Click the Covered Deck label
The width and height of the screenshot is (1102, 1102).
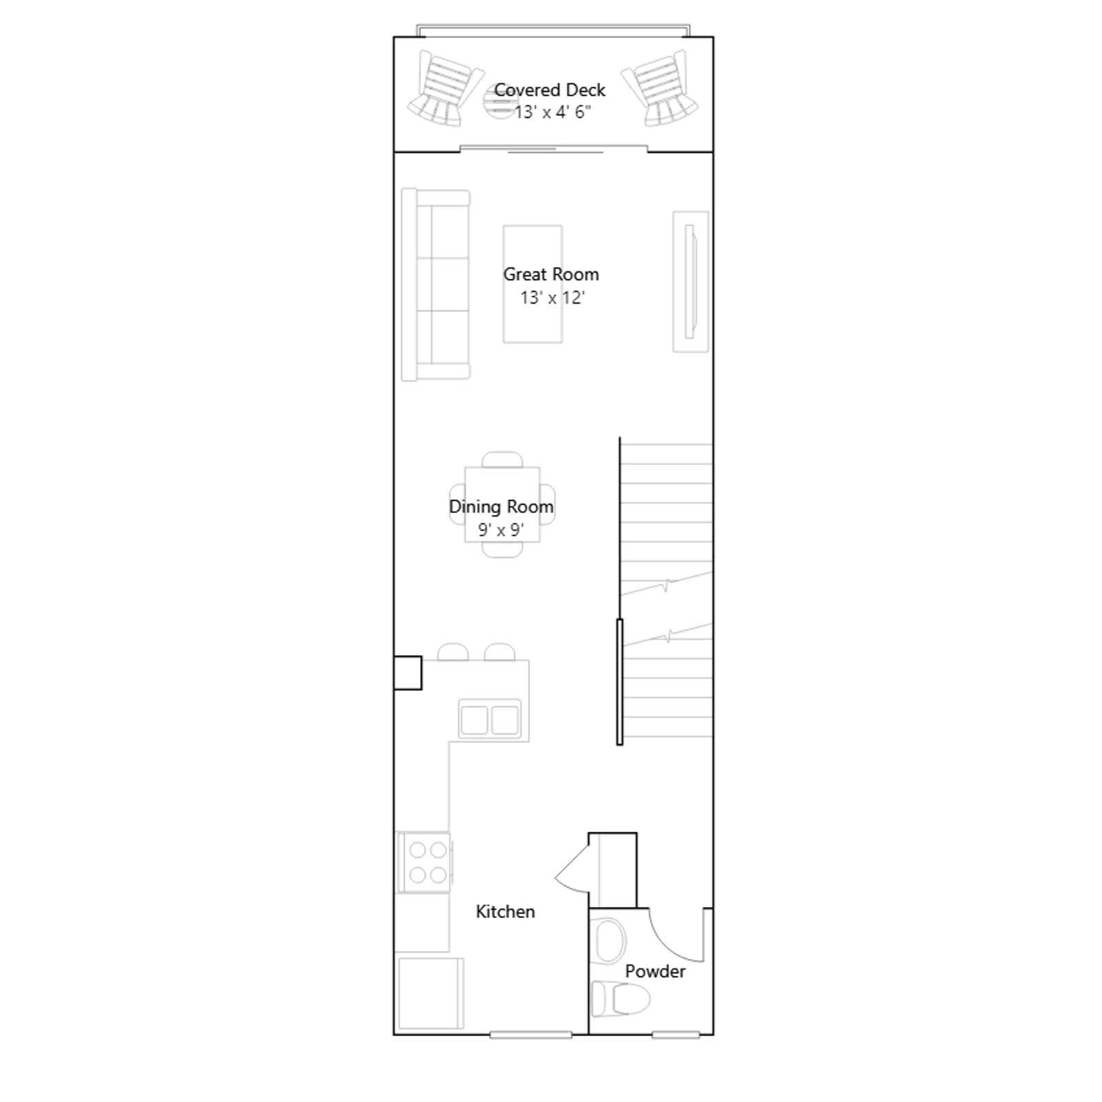550,90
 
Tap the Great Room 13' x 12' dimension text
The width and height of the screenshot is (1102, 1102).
552,298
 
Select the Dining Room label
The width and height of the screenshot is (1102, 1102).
501,507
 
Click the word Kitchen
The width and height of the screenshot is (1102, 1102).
505,911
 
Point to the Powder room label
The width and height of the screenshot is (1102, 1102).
655,971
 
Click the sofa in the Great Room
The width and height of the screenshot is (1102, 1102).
435,284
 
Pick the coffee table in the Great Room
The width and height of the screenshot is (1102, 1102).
532,284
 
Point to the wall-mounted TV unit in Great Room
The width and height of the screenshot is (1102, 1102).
691,282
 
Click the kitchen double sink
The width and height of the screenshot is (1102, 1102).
490,720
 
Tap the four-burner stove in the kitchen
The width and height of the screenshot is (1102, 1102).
424,862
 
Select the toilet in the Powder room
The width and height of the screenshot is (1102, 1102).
620,998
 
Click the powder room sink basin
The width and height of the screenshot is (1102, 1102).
610,940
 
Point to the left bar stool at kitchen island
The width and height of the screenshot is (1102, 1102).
453,652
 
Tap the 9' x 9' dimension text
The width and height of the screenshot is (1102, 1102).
501,530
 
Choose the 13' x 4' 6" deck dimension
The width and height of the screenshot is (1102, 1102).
552,112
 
